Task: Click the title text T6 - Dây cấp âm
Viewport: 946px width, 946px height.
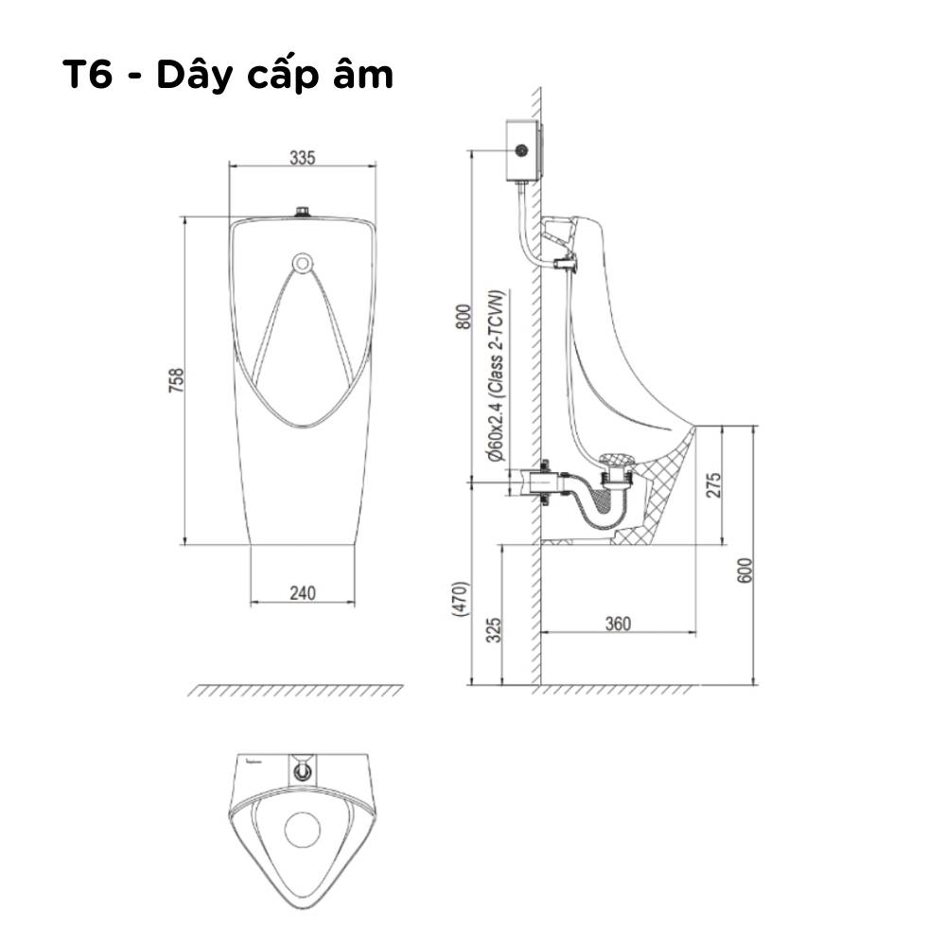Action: tap(227, 75)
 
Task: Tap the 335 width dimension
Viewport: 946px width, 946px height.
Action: tap(302, 158)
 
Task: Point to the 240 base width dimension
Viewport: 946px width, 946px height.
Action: tap(302, 593)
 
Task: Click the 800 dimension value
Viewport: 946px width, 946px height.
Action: tap(464, 317)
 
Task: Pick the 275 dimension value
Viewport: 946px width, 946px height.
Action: tap(715, 484)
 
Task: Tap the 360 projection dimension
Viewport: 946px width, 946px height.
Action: tap(617, 623)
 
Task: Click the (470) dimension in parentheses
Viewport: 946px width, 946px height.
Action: tap(461, 599)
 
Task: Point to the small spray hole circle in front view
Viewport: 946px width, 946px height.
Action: tap(302, 261)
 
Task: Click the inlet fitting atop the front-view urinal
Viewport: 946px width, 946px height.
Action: tap(302, 211)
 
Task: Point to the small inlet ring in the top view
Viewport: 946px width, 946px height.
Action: tap(303, 771)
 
